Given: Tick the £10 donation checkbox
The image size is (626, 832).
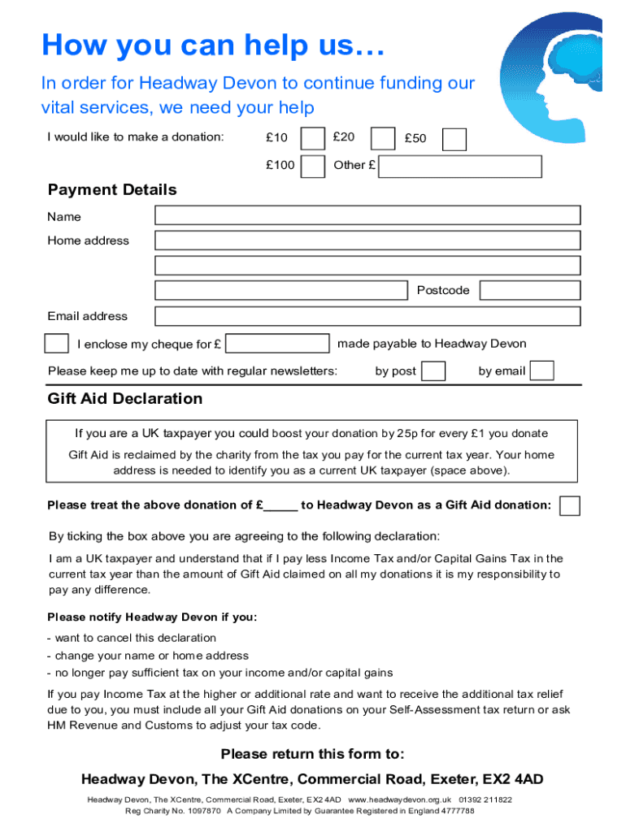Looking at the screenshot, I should point(313,139).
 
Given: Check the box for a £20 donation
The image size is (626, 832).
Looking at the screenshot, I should point(383,139).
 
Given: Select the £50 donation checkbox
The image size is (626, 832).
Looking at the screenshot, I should point(454,139).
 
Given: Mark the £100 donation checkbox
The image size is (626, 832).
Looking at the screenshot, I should point(313,166).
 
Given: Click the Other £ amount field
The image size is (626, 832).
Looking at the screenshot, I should point(460,166).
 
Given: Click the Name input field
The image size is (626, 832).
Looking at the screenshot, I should point(367,215).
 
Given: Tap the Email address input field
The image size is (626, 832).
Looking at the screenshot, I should point(367,316).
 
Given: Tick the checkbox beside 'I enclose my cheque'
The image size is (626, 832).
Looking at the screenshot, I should point(56,343).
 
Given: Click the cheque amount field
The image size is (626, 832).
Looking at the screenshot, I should point(278,343).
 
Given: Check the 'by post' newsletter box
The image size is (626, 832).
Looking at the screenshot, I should point(433,371).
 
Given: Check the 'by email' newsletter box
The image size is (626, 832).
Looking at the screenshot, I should point(541,370).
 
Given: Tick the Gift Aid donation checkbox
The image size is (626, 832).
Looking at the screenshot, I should point(570,505).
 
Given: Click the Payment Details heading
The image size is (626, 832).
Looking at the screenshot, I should point(112,190).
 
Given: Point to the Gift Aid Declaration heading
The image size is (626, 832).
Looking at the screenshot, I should point(125,399).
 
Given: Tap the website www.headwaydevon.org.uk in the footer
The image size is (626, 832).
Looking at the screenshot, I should point(399,799).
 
